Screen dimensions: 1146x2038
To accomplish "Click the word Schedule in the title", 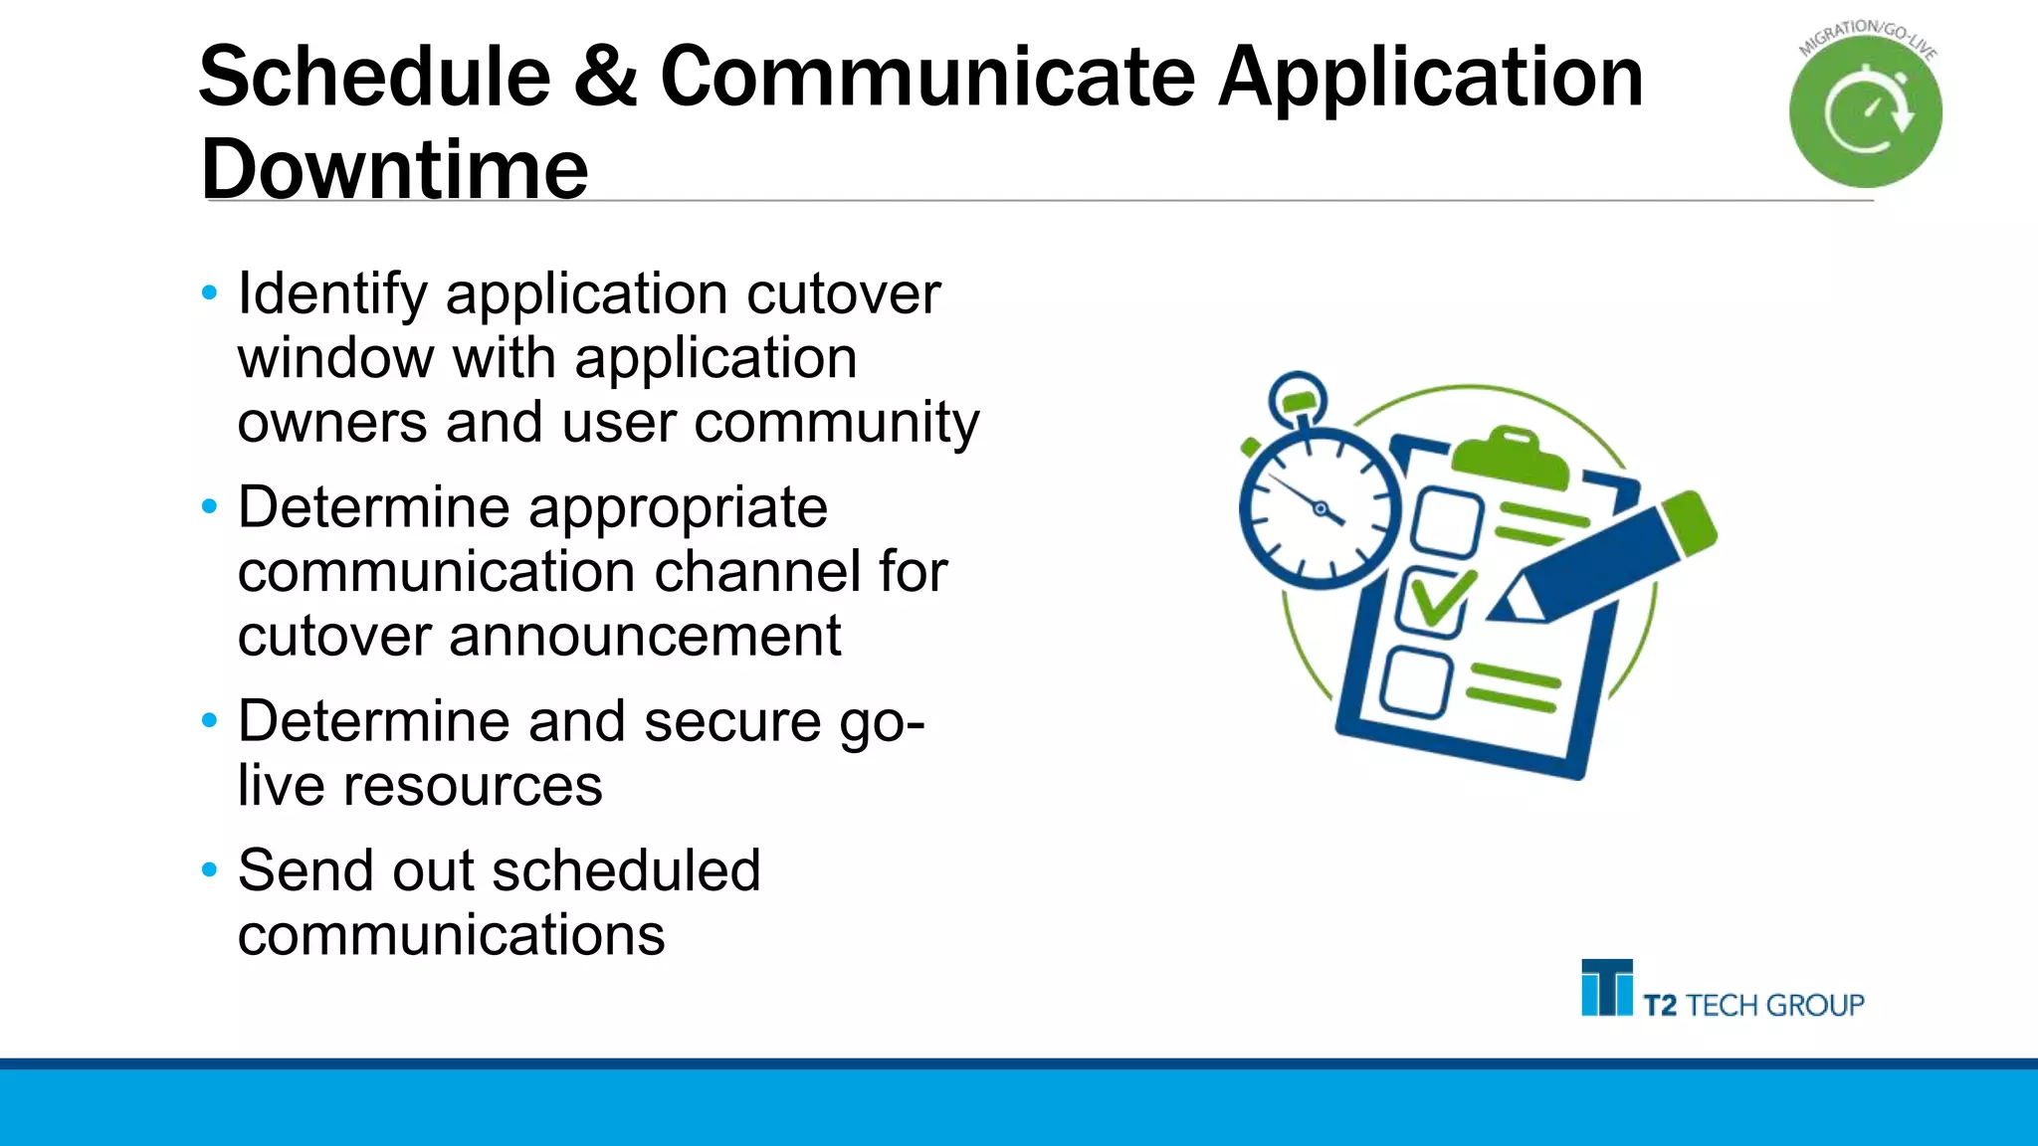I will pyautogui.click(x=375, y=78).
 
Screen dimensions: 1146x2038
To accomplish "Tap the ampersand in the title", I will pyautogui.click(x=605, y=78).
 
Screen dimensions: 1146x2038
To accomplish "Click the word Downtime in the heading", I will pyautogui.click(x=394, y=169).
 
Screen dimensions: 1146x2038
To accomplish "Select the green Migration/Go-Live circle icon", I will pyautogui.click(x=1865, y=112).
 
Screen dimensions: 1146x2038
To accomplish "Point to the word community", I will pyautogui.click(x=836, y=423).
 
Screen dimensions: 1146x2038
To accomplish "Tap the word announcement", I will pyautogui.click(x=645, y=637).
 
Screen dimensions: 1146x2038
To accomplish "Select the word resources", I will pyautogui.click(x=473, y=786).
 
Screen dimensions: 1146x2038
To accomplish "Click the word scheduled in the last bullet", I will pyautogui.click(x=626, y=870).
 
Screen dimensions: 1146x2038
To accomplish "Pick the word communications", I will pyautogui.click(x=451, y=935).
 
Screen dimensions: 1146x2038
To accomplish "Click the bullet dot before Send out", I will pyautogui.click(x=209, y=870).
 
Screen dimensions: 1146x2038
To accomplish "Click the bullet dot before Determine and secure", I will pyautogui.click(x=209, y=720).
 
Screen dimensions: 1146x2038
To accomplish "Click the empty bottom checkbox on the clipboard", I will pyautogui.click(x=1416, y=682).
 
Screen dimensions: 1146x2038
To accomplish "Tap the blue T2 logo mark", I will pyautogui.click(x=1606, y=988).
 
